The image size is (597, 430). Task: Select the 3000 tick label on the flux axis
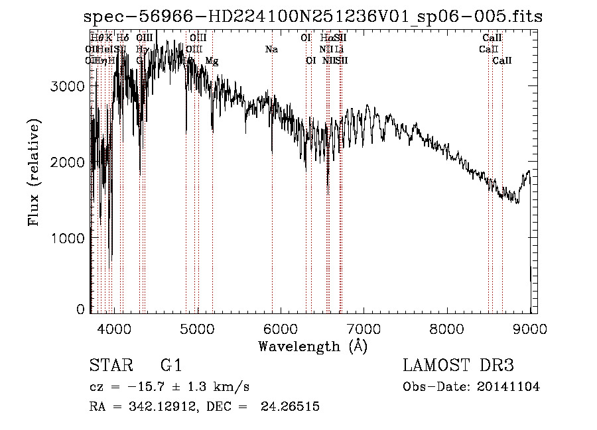click(70, 87)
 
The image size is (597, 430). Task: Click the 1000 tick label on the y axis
click(70, 237)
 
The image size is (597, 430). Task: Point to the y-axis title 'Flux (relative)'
click(33, 172)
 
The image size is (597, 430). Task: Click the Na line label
click(271, 49)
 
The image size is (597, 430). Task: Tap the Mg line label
click(212, 61)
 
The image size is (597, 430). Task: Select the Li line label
click(338, 49)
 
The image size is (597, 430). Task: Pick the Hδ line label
click(123, 38)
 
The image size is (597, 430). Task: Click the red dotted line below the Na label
click(272, 199)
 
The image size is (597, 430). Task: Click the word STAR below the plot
click(109, 366)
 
